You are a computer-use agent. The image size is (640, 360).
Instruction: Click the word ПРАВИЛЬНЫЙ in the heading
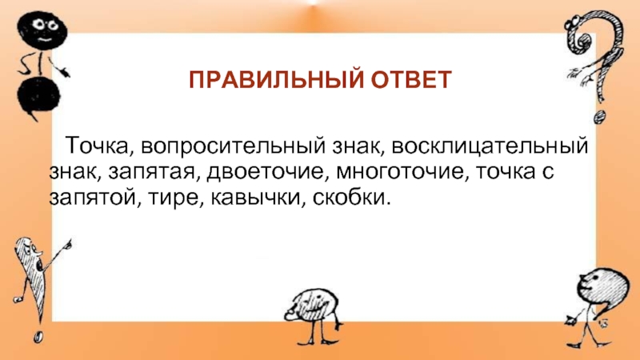pos(276,79)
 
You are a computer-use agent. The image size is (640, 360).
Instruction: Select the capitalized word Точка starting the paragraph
pos(97,146)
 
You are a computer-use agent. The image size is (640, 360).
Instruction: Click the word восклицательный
pos(490,146)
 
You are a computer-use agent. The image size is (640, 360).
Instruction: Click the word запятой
pos(92,198)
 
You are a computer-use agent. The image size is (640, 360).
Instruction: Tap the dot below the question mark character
pos(600,117)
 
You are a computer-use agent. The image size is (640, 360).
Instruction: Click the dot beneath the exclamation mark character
pos(38,337)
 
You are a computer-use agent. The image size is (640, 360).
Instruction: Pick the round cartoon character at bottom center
pos(314,315)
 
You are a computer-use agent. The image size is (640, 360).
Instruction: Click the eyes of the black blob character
pos(46,25)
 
